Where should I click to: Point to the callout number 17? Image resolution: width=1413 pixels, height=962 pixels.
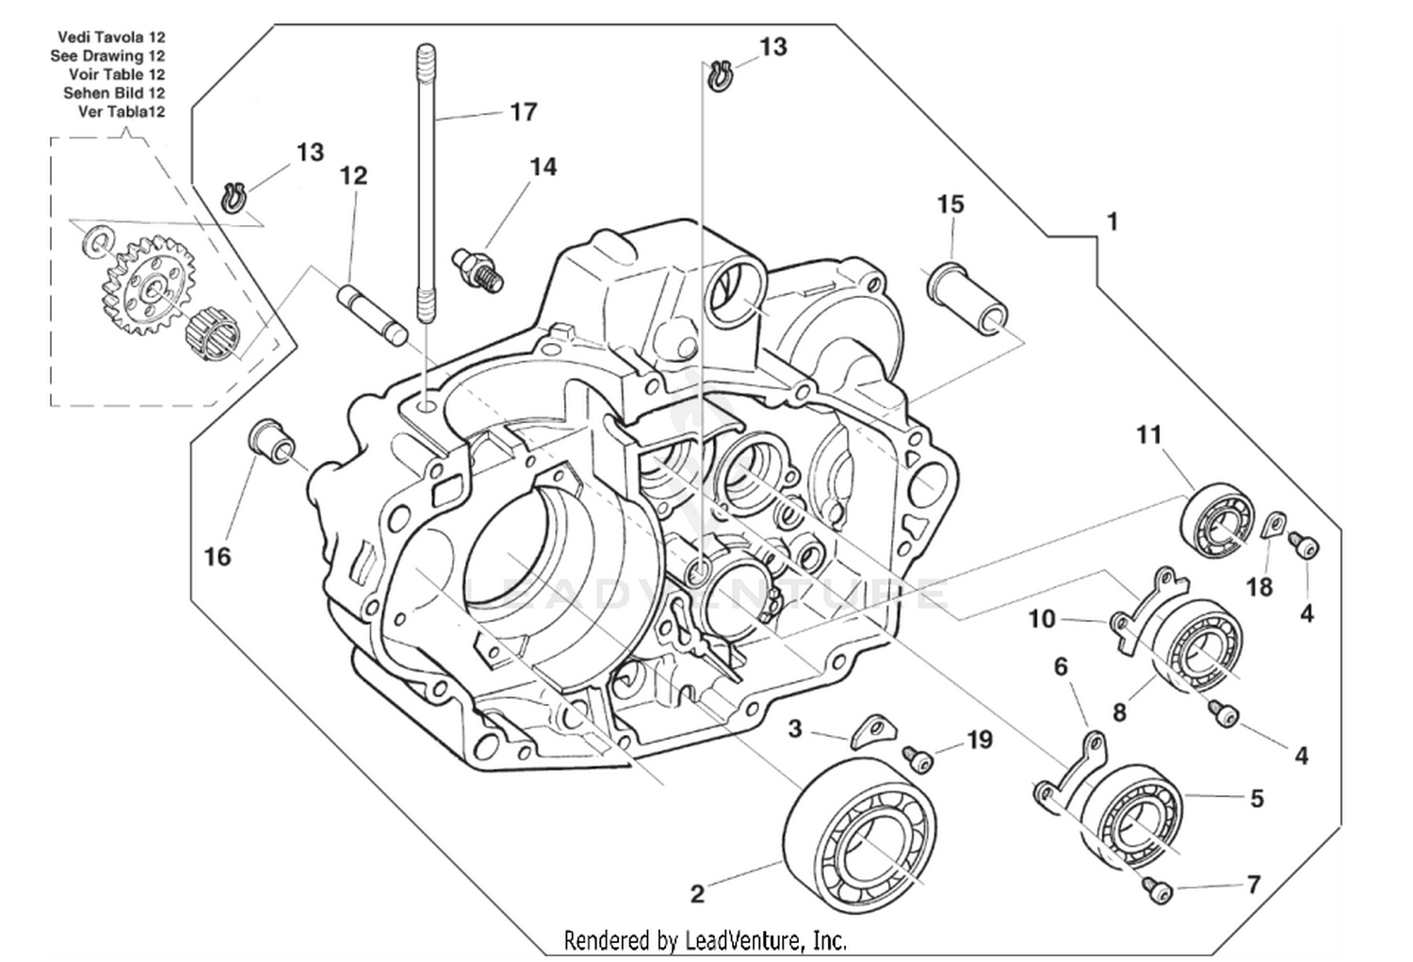(523, 112)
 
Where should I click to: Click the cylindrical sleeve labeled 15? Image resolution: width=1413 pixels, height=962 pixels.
(968, 301)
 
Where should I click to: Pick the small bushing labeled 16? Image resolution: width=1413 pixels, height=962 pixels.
(271, 441)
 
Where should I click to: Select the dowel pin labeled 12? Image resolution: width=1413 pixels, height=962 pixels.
(372, 314)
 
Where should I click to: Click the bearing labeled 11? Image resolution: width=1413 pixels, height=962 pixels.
(1220, 519)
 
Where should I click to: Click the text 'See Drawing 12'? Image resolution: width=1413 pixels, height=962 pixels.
(107, 56)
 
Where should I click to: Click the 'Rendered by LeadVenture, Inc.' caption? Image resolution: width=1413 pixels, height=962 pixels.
(705, 939)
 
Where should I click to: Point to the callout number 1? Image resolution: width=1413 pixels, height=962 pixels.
(1113, 221)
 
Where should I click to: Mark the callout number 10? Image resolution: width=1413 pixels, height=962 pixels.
(1041, 619)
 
